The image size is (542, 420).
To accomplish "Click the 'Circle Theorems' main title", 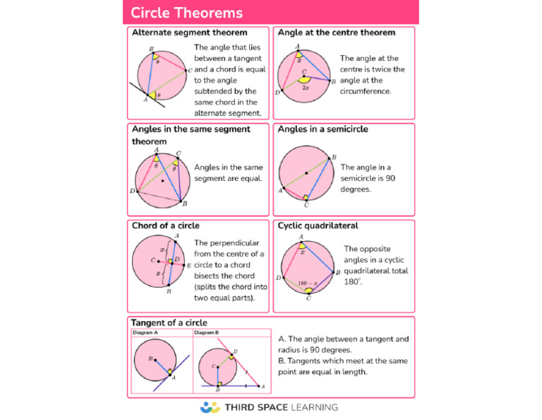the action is tap(186, 13).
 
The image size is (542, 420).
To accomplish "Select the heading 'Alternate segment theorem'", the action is tap(189, 33).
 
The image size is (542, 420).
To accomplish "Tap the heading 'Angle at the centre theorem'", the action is tap(337, 33).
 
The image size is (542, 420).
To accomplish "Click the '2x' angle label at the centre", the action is tap(306, 88).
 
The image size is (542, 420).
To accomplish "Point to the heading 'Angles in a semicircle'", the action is tap(323, 129).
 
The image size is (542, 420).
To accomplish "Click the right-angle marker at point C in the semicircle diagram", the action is tap(306, 197).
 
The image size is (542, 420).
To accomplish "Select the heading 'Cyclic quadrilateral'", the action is tap(318, 226).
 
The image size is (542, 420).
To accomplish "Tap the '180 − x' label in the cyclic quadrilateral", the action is tap(308, 284).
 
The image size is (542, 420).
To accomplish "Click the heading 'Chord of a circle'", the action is tap(166, 226).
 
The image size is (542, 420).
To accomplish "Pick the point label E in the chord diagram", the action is tap(189, 266).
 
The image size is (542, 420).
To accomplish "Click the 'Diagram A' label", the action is tap(145, 332).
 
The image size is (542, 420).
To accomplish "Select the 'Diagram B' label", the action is tap(206, 332).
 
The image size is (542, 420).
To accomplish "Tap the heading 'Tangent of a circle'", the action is tap(169, 322).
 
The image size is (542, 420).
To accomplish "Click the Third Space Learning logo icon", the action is tap(210, 407).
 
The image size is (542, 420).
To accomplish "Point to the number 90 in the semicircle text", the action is tap(390, 178).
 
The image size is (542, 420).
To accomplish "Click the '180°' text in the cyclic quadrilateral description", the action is tap(352, 282).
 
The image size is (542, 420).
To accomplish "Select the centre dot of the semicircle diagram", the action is tap(306, 173).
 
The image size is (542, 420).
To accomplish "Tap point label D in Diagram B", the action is tap(236, 351).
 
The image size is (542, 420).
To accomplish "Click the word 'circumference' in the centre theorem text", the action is tap(365, 91).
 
